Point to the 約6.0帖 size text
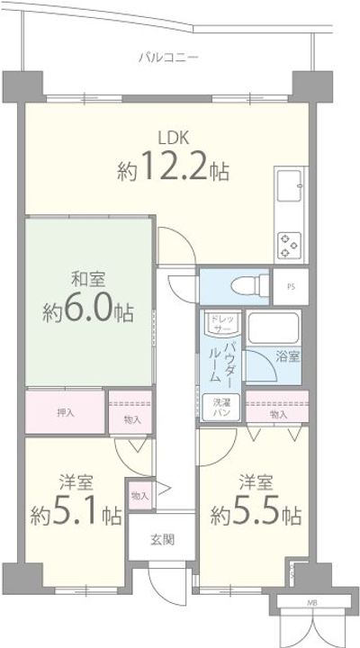coord(88,311)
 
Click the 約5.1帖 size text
coord(76,515)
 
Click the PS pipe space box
coord(290,287)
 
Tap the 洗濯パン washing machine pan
coord(220,406)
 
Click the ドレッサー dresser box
coord(220,324)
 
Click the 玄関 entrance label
coord(161,540)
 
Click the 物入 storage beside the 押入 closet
coord(131,413)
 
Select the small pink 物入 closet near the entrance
coord(139,496)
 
